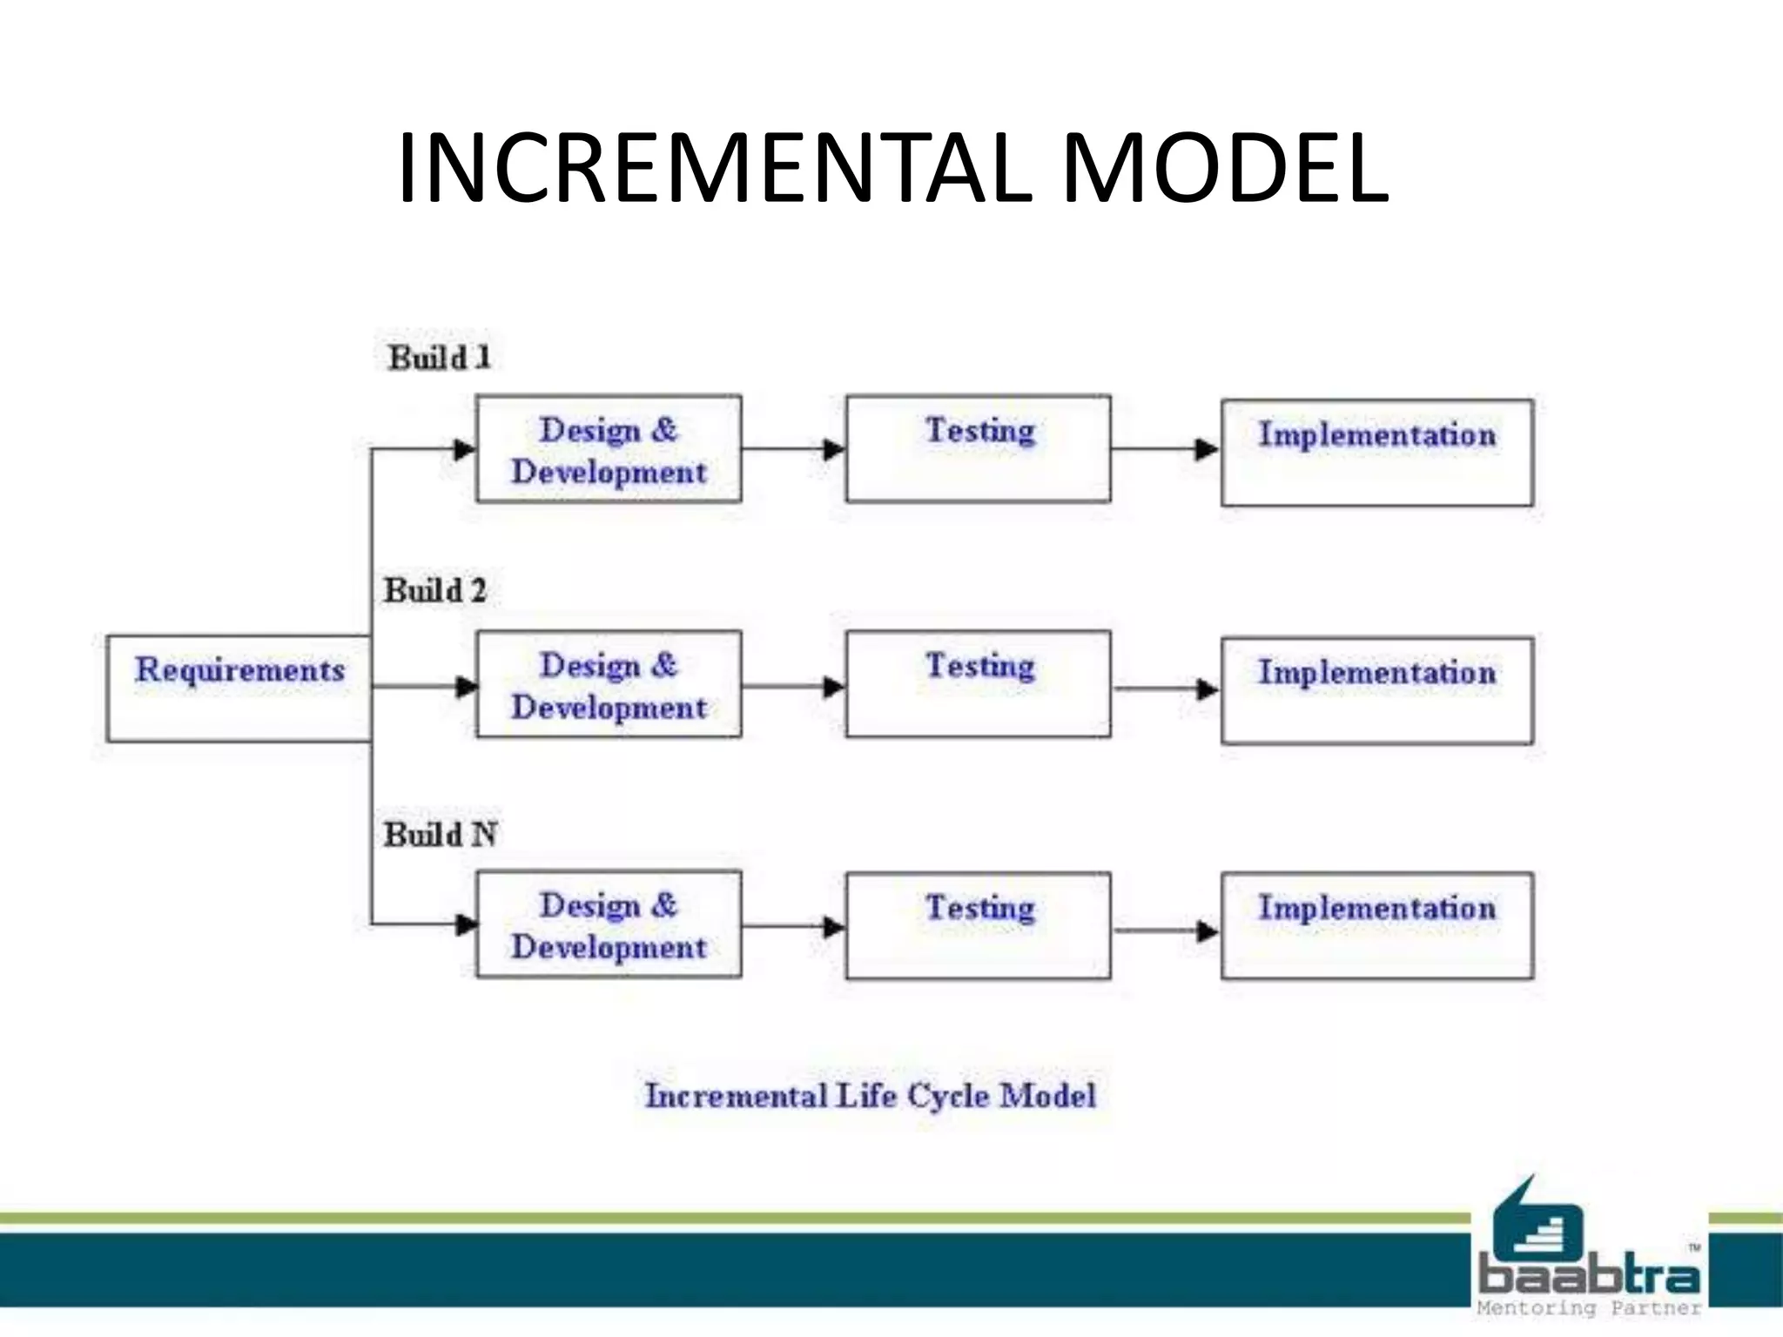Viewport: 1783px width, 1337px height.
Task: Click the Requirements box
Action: (239, 689)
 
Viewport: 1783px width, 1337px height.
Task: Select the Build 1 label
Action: (440, 358)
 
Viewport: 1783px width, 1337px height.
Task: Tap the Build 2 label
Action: (435, 591)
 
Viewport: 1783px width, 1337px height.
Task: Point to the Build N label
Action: (441, 835)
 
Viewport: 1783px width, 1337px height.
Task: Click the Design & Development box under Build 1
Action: (609, 449)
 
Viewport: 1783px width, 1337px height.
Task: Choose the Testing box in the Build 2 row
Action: (978, 684)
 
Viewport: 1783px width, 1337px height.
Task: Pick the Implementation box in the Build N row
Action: (1376, 925)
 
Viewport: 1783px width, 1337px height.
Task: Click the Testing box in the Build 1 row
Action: (978, 449)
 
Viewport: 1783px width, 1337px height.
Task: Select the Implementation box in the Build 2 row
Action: (1376, 690)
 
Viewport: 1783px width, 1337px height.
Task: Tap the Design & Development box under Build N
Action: (609, 924)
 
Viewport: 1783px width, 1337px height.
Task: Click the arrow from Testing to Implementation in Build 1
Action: (1167, 450)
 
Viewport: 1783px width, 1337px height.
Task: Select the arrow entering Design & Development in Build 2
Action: (427, 687)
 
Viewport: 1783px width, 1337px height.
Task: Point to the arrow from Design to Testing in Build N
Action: (794, 927)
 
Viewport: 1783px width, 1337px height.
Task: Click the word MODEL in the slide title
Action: (1224, 169)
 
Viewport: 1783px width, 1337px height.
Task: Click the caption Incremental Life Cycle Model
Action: (870, 1096)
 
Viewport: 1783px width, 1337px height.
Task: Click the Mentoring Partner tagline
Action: (1589, 1308)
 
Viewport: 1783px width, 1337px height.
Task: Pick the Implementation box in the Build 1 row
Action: (1376, 453)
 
